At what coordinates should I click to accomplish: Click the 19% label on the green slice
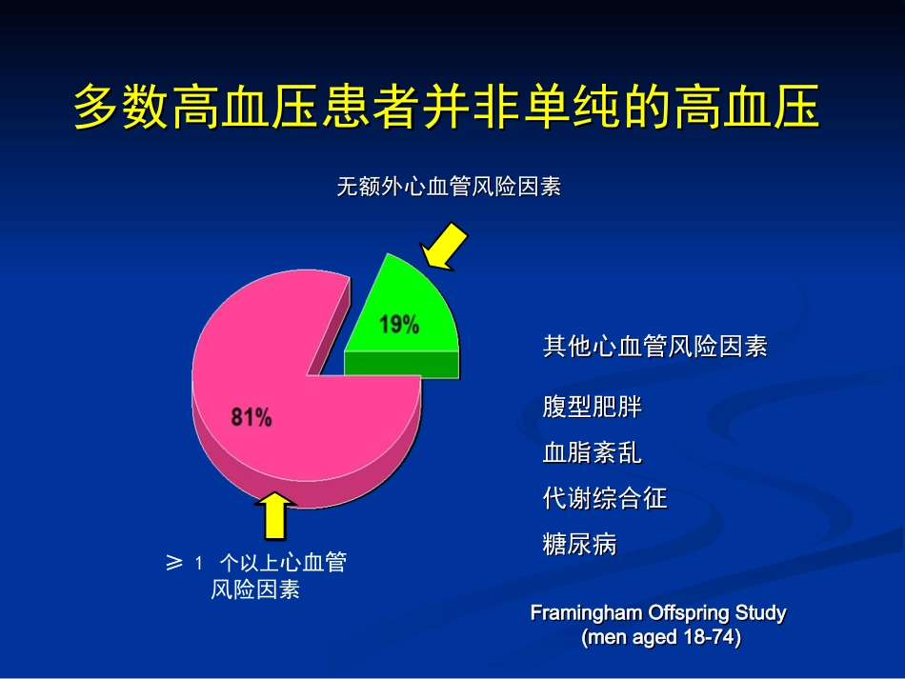(399, 325)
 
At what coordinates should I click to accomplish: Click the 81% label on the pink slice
(251, 416)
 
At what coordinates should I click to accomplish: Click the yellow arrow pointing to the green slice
(445, 246)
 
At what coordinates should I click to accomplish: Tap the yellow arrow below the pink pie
(276, 515)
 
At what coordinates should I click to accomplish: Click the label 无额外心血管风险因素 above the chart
(449, 187)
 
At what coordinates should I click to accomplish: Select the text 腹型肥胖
(593, 408)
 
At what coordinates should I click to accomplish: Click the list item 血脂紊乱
(593, 453)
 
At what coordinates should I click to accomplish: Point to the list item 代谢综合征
(605, 498)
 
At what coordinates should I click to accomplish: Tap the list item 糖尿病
(580, 545)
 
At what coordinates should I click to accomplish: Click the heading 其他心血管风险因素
(654, 347)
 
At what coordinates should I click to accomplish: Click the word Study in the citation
(760, 612)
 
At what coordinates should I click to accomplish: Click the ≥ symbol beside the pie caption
(174, 563)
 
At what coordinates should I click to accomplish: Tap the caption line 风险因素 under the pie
(255, 590)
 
